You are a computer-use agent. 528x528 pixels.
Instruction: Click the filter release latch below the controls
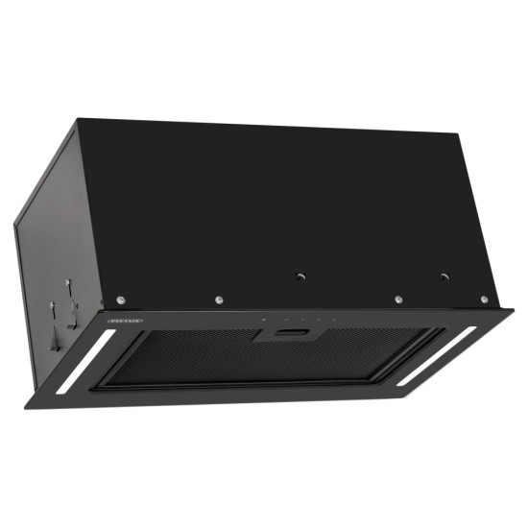(291, 331)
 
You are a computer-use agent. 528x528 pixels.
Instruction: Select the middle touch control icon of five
(299, 320)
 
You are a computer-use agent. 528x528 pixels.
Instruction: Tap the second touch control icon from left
(281, 320)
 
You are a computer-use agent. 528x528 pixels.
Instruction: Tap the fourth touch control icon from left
(316, 320)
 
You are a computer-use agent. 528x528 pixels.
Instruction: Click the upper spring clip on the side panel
(68, 286)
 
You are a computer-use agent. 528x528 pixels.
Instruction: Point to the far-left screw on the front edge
(119, 300)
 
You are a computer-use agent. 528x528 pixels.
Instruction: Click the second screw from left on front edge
(220, 300)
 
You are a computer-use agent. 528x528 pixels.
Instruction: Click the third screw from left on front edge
(397, 299)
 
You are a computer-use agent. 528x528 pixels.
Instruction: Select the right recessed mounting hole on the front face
(444, 276)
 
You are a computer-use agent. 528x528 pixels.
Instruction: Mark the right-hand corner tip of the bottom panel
(513, 313)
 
